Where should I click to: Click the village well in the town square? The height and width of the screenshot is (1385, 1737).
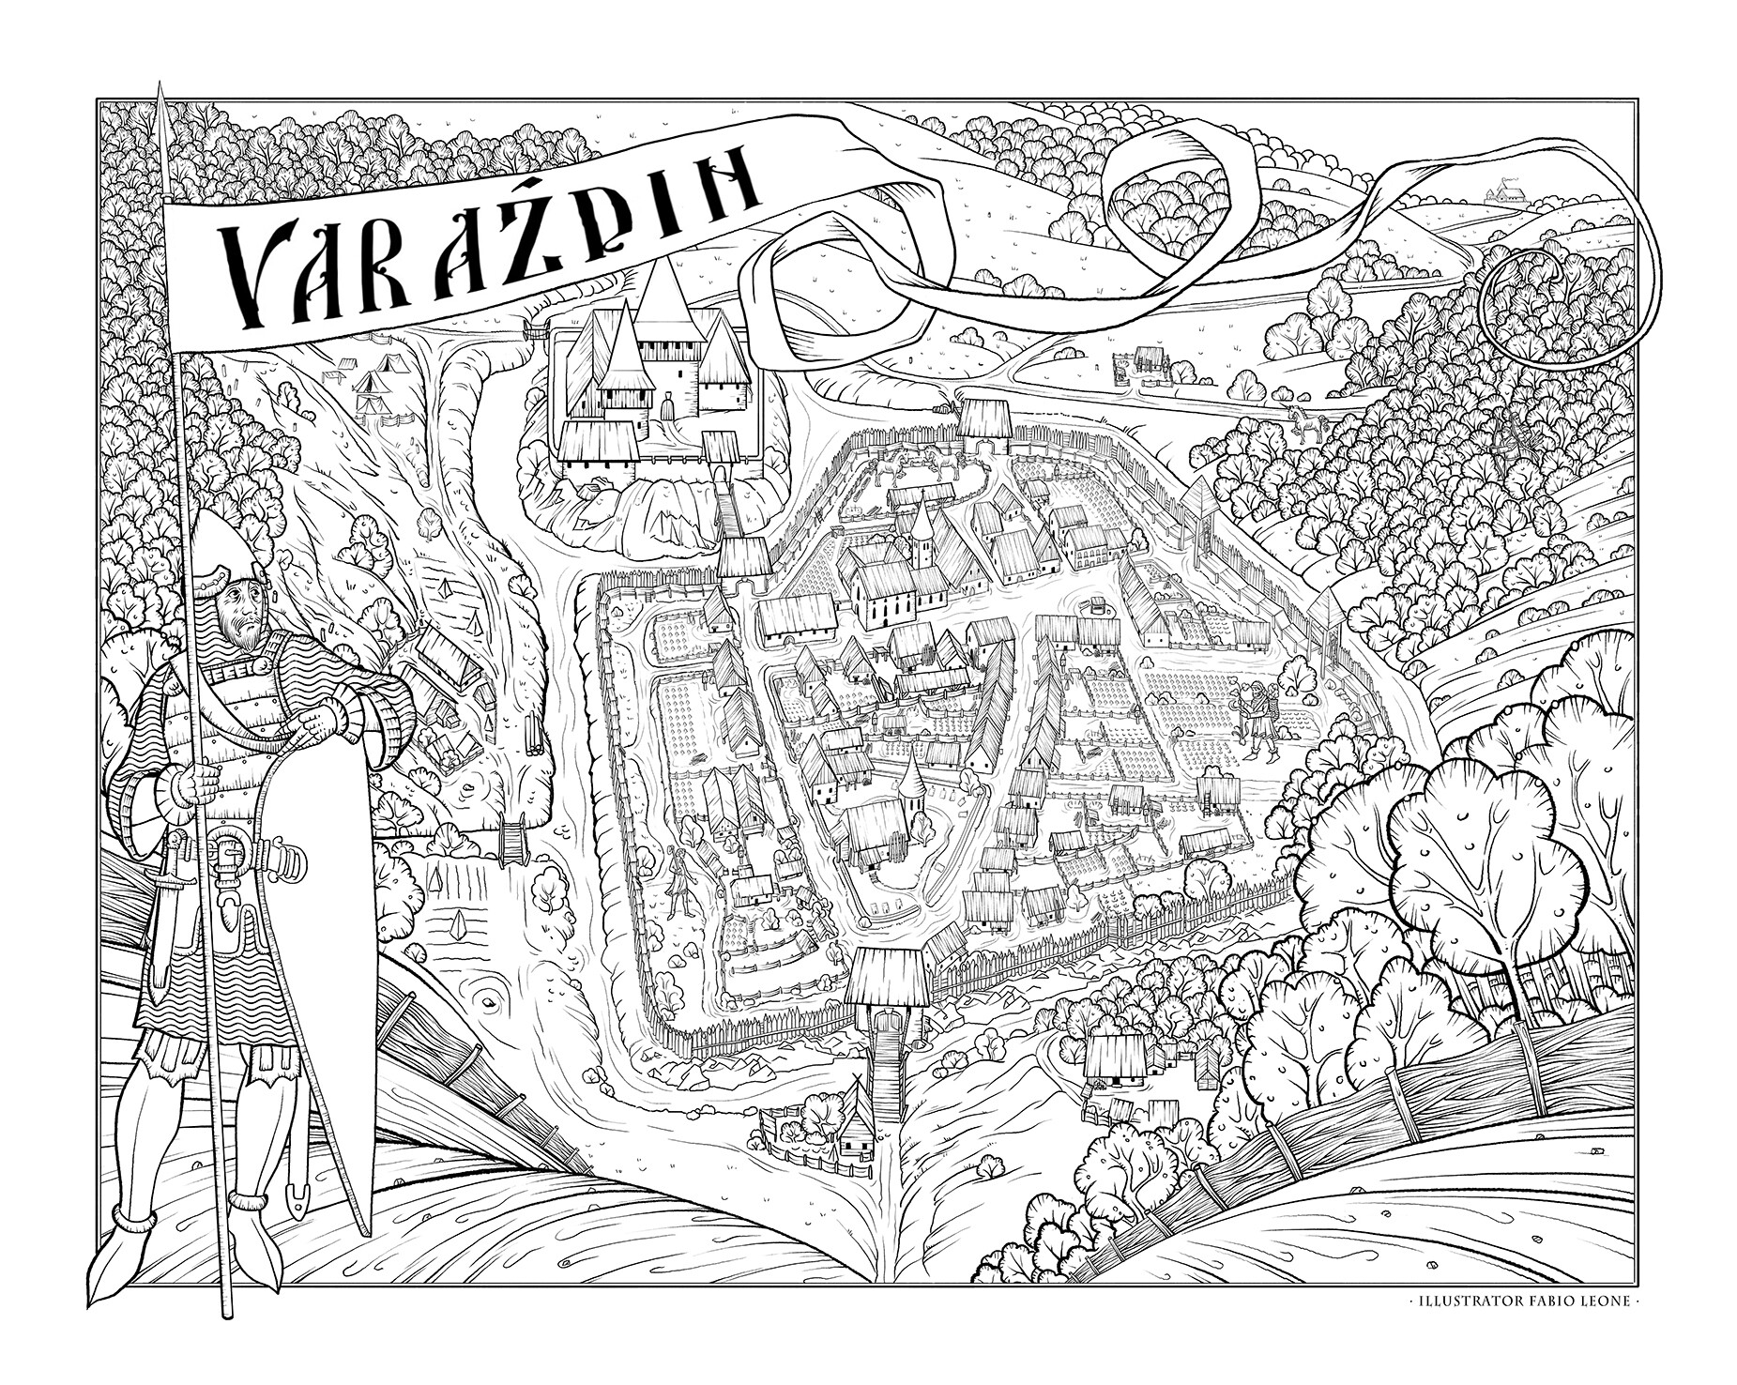(1094, 606)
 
